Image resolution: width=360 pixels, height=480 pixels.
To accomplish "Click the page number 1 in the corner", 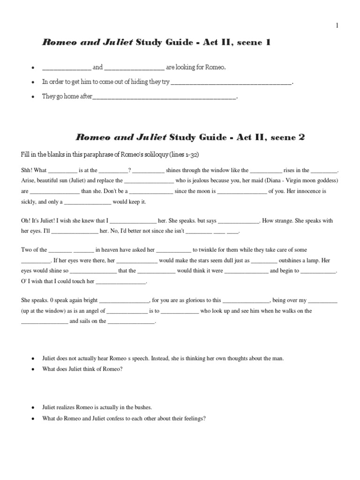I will tap(337, 26).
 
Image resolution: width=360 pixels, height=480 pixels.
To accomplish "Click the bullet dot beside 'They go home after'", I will tap(32, 97).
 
